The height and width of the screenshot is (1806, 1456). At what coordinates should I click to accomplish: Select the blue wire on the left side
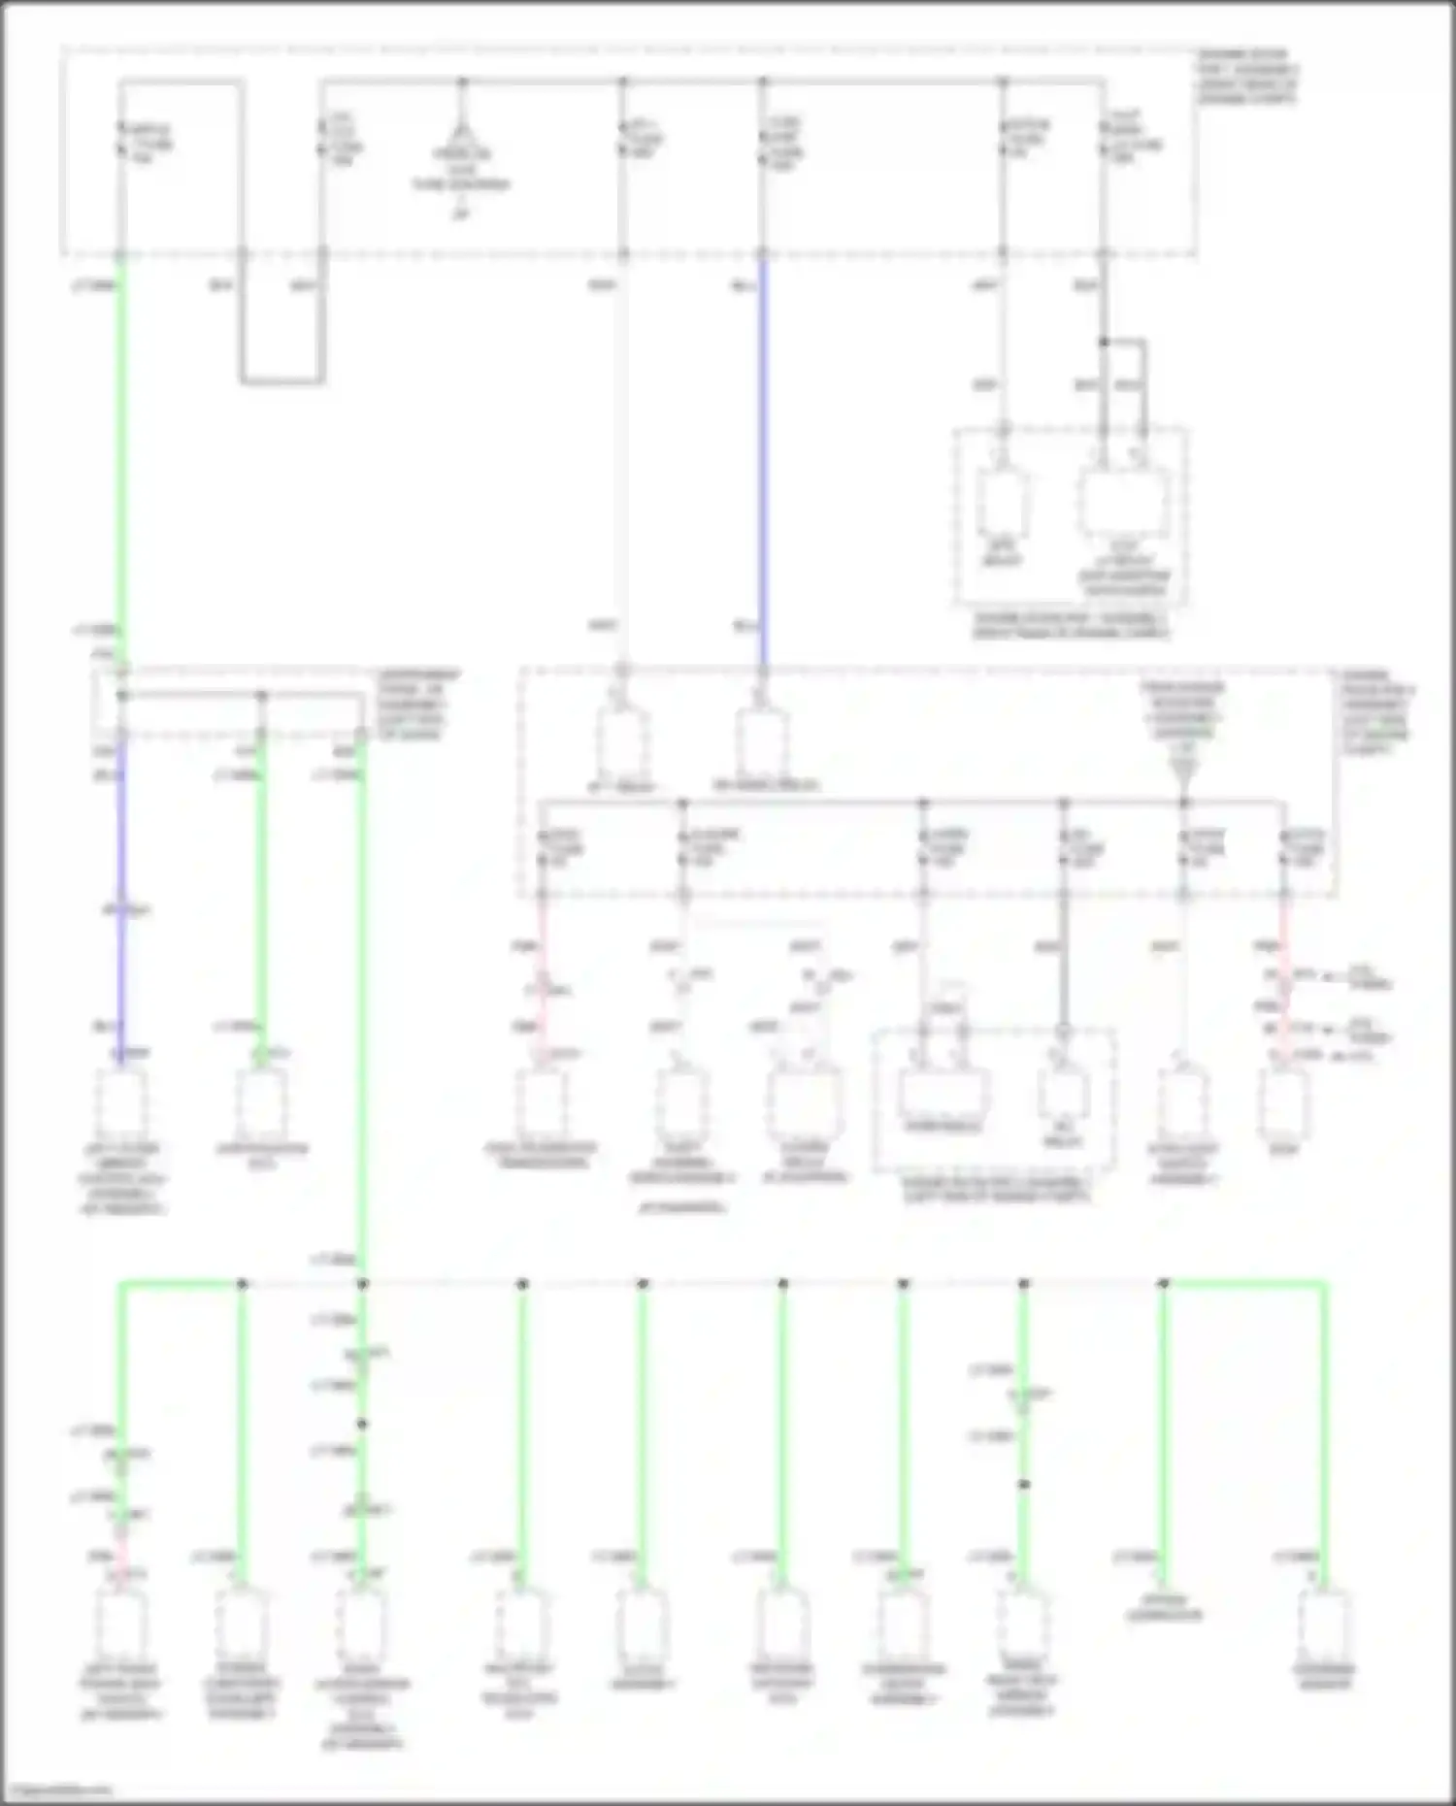121,903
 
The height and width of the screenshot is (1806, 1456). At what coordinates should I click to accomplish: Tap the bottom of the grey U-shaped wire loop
281,380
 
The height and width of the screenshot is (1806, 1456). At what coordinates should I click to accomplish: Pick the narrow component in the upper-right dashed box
1004,503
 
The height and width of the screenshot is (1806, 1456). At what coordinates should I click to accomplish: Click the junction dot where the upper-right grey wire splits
1104,343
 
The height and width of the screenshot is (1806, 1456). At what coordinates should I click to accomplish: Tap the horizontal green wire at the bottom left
181,1284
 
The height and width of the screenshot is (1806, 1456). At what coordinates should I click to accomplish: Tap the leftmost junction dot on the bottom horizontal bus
242,1284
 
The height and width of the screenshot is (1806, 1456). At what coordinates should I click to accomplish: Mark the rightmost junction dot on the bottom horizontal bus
1164,1284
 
